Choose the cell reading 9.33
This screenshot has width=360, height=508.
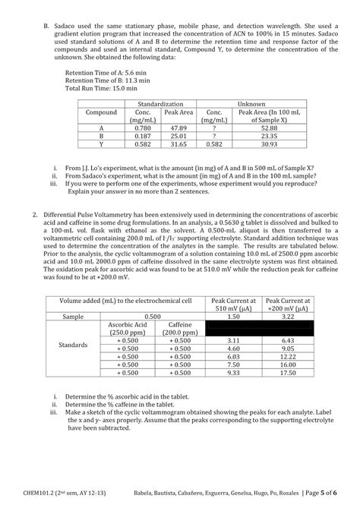pos(233,373)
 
